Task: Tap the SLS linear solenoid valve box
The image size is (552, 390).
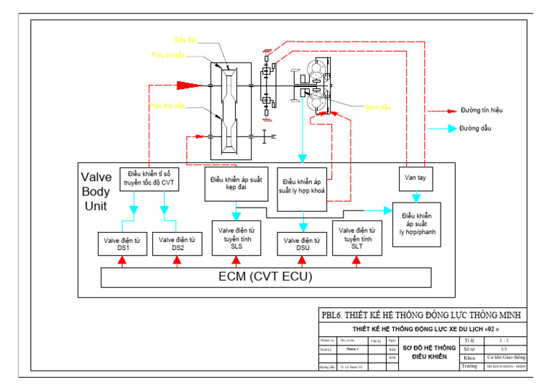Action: [236, 238]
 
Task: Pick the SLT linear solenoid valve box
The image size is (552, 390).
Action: [356, 238]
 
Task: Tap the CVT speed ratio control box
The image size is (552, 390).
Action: [149, 178]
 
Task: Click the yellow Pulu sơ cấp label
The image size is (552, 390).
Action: [167, 55]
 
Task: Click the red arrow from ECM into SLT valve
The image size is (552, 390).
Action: [356, 261]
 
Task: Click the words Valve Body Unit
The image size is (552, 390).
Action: [96, 191]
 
